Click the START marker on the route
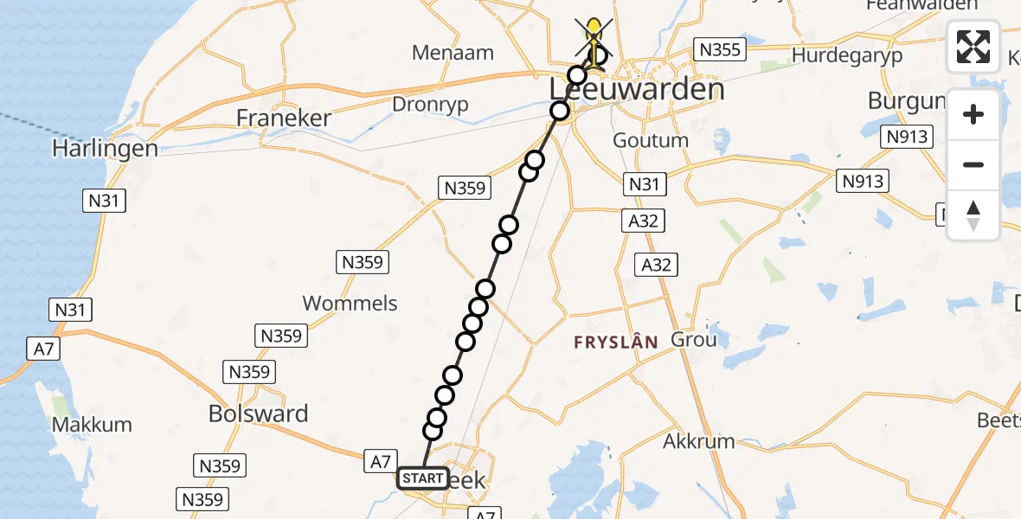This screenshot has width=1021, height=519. [422, 478]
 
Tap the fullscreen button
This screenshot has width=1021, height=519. [973, 47]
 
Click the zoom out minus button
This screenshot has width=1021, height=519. [973, 164]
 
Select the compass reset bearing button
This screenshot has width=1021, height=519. [973, 215]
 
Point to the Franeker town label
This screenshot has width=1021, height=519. [284, 119]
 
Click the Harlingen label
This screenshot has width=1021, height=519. [105, 149]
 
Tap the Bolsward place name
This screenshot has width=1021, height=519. [258, 413]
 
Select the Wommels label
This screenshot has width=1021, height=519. [350, 303]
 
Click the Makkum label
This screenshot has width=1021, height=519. [92, 425]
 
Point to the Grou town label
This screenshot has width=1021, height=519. [693, 340]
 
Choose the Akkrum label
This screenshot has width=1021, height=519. [698, 441]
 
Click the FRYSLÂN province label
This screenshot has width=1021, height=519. [615, 343]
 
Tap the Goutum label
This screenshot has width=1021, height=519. [651, 140]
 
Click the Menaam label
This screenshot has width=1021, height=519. [453, 53]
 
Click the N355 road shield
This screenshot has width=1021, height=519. [720, 50]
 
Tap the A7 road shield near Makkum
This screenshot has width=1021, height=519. [42, 349]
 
